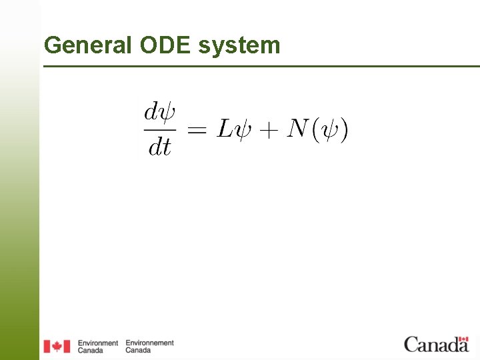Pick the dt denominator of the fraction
159,147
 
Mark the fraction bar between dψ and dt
159,129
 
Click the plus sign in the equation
268,130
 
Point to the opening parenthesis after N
314,129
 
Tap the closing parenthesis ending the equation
343,129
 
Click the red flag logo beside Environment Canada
57,346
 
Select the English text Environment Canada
97,346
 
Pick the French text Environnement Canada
149,346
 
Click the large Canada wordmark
436,345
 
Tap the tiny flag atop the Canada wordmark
462,338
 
